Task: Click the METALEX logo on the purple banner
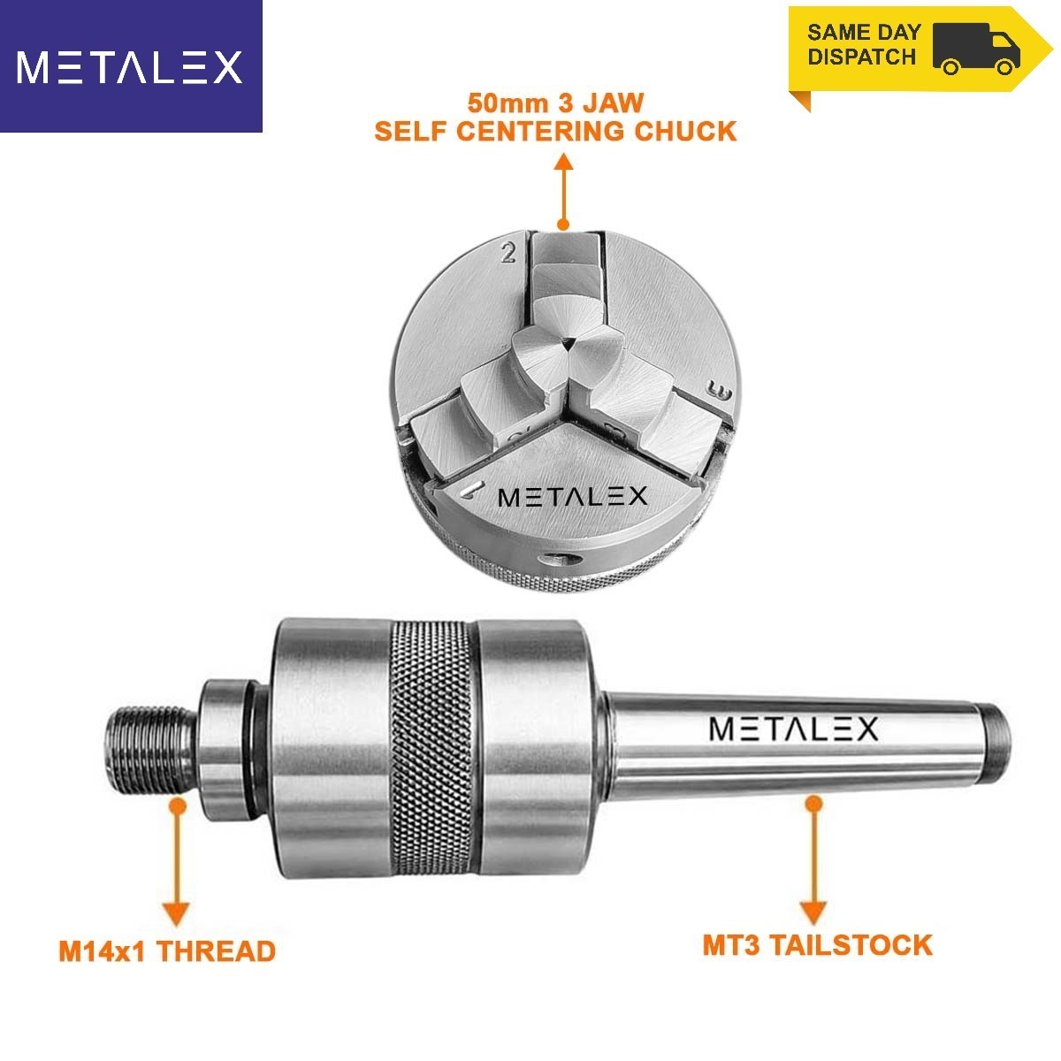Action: (x=130, y=67)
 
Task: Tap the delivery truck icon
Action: (x=976, y=50)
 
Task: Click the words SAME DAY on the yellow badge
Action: (x=863, y=32)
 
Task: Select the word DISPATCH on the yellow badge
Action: (x=862, y=57)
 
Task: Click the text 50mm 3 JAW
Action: (x=555, y=103)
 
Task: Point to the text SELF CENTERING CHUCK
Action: (x=555, y=131)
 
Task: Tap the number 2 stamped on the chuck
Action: (x=508, y=252)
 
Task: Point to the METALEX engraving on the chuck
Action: (x=572, y=497)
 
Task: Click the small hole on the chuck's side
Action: (x=560, y=560)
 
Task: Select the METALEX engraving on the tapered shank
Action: (x=793, y=729)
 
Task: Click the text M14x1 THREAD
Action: (x=167, y=950)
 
